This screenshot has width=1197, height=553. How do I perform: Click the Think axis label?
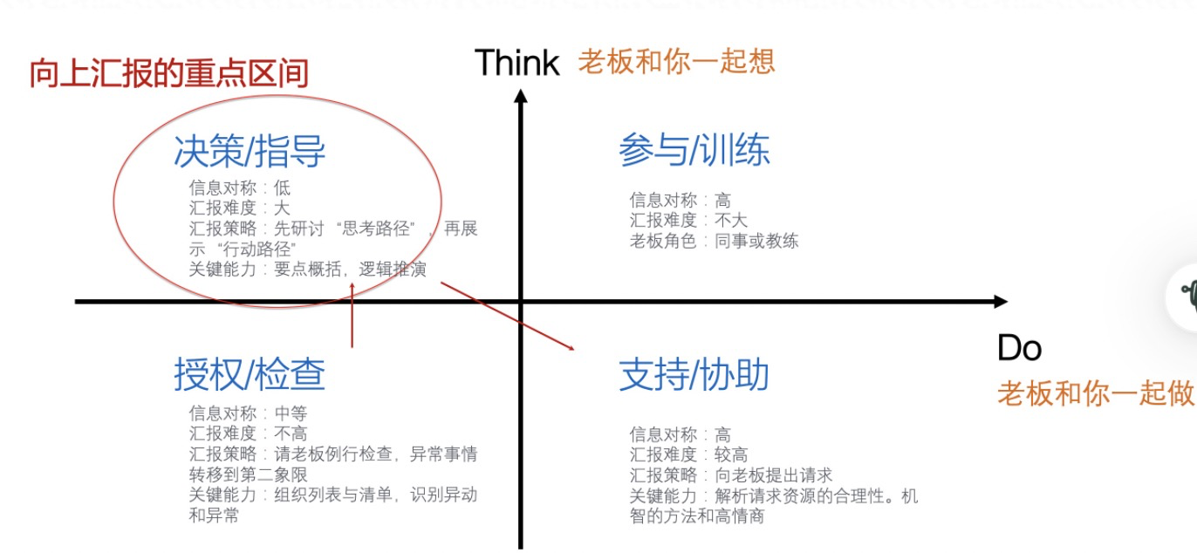pyautogui.click(x=516, y=63)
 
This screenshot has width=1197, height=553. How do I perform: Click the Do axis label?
pyautogui.click(x=1019, y=349)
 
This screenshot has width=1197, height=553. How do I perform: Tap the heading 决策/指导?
pyautogui.click(x=250, y=152)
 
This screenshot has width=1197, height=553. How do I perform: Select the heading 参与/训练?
pyautogui.click(x=694, y=150)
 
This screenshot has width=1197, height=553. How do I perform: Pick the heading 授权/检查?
pyautogui.click(x=250, y=375)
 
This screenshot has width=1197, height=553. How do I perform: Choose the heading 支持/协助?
pyautogui.click(x=694, y=375)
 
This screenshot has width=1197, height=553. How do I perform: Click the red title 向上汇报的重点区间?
pyautogui.click(x=169, y=73)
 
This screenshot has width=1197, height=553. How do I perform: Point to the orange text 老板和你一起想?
pyautogui.click(x=676, y=61)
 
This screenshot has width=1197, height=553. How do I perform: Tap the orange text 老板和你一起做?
pyautogui.click(x=1095, y=393)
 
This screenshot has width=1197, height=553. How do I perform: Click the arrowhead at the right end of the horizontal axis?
pyautogui.click(x=1001, y=302)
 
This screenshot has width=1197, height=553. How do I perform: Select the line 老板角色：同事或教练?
pyautogui.click(x=714, y=242)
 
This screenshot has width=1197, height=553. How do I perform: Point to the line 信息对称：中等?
pyautogui.click(x=248, y=413)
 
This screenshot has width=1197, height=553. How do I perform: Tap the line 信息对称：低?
pyautogui.click(x=239, y=188)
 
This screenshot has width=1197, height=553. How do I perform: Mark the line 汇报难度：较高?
pyautogui.click(x=688, y=454)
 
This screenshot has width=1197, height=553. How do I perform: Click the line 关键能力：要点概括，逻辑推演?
pyautogui.click(x=307, y=270)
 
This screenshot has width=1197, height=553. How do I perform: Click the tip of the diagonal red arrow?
pyautogui.click(x=573, y=349)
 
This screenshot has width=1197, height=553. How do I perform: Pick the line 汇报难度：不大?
pyautogui.click(x=688, y=221)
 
